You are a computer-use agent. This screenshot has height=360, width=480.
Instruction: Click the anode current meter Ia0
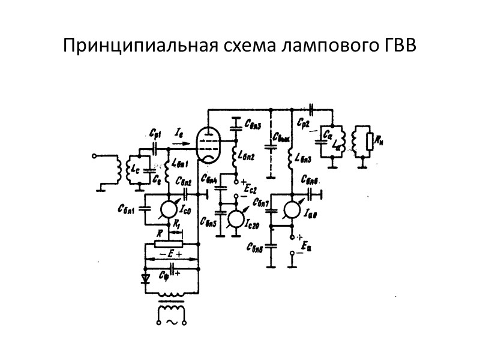pyautogui.click(x=292, y=209)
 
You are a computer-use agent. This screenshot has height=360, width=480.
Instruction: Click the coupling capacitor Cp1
pyautogui.click(x=155, y=147)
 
